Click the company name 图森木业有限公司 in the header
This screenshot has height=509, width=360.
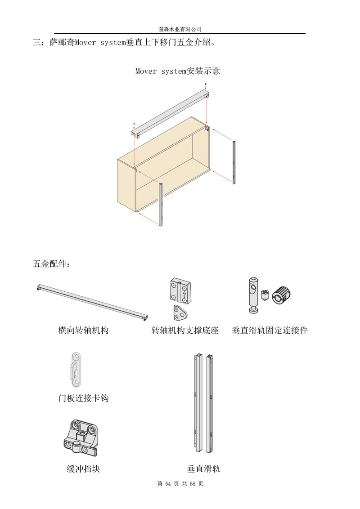coord(180,29)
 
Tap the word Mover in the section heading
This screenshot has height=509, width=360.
coord(85,43)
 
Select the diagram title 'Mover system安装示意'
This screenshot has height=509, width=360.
coord(177,71)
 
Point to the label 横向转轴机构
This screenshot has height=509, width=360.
coord(83,330)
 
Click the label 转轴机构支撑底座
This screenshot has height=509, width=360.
coord(185,330)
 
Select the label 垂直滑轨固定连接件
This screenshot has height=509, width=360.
coord(270,330)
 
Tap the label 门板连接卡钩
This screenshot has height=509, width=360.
coord(84,398)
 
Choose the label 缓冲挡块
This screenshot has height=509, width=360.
coord(84,469)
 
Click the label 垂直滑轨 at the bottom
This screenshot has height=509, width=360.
coord(204,469)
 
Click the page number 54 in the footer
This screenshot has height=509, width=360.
coord(168,484)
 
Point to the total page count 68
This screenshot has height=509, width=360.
coord(192,484)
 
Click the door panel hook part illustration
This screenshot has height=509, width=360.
coord(76,370)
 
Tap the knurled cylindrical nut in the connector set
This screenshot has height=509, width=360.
coord(281,295)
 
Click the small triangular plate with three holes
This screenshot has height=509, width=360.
coord(180,313)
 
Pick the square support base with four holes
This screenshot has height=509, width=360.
coord(180,290)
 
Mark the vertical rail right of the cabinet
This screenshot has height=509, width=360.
coord(234,162)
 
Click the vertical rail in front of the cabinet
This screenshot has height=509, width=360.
coord(161,205)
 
